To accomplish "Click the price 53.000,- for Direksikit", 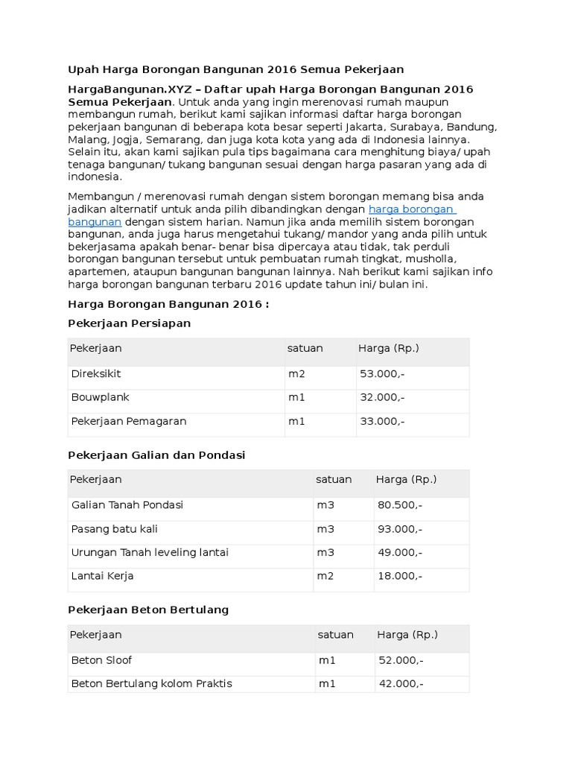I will click(382, 373).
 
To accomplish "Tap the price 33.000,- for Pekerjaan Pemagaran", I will click(382, 421).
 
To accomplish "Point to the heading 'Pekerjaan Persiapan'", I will click(129, 323).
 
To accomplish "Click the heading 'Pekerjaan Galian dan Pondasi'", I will click(156, 455).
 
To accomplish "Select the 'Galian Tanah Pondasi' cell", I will click(127, 504).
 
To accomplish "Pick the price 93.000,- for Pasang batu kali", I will click(400, 529).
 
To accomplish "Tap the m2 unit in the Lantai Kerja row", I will click(325, 576).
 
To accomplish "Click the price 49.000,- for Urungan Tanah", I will click(400, 552).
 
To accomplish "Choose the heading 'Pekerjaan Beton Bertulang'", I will click(148, 610).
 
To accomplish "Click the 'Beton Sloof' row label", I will click(101, 660).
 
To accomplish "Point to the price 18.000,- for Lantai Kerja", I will click(400, 576).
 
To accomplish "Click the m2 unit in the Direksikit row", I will click(296, 373).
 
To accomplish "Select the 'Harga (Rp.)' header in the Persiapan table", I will click(389, 348).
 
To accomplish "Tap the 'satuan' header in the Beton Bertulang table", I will click(335, 635).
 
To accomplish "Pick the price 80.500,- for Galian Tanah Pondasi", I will click(400, 505).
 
